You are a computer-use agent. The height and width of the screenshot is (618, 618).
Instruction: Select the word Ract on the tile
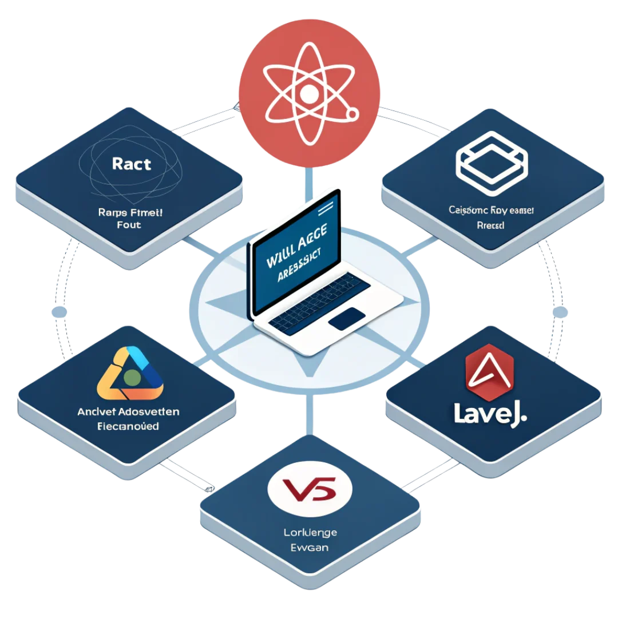132,164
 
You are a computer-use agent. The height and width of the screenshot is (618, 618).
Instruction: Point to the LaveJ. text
490,413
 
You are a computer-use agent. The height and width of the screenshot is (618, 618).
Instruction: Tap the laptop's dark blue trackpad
347,318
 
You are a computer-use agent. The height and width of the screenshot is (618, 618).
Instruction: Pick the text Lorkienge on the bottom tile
310,532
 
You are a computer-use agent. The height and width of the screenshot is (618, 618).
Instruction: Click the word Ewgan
310,548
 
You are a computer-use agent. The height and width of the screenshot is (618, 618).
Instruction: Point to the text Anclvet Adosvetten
128,411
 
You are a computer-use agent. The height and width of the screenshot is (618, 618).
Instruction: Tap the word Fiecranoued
128,426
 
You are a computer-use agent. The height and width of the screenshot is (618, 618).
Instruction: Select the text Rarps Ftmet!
131,212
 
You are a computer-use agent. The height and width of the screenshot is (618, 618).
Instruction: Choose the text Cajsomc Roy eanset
492,211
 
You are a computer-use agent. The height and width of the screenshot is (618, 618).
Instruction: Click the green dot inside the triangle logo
132,376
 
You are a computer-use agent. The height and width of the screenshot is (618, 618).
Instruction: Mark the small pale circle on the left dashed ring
59,312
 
